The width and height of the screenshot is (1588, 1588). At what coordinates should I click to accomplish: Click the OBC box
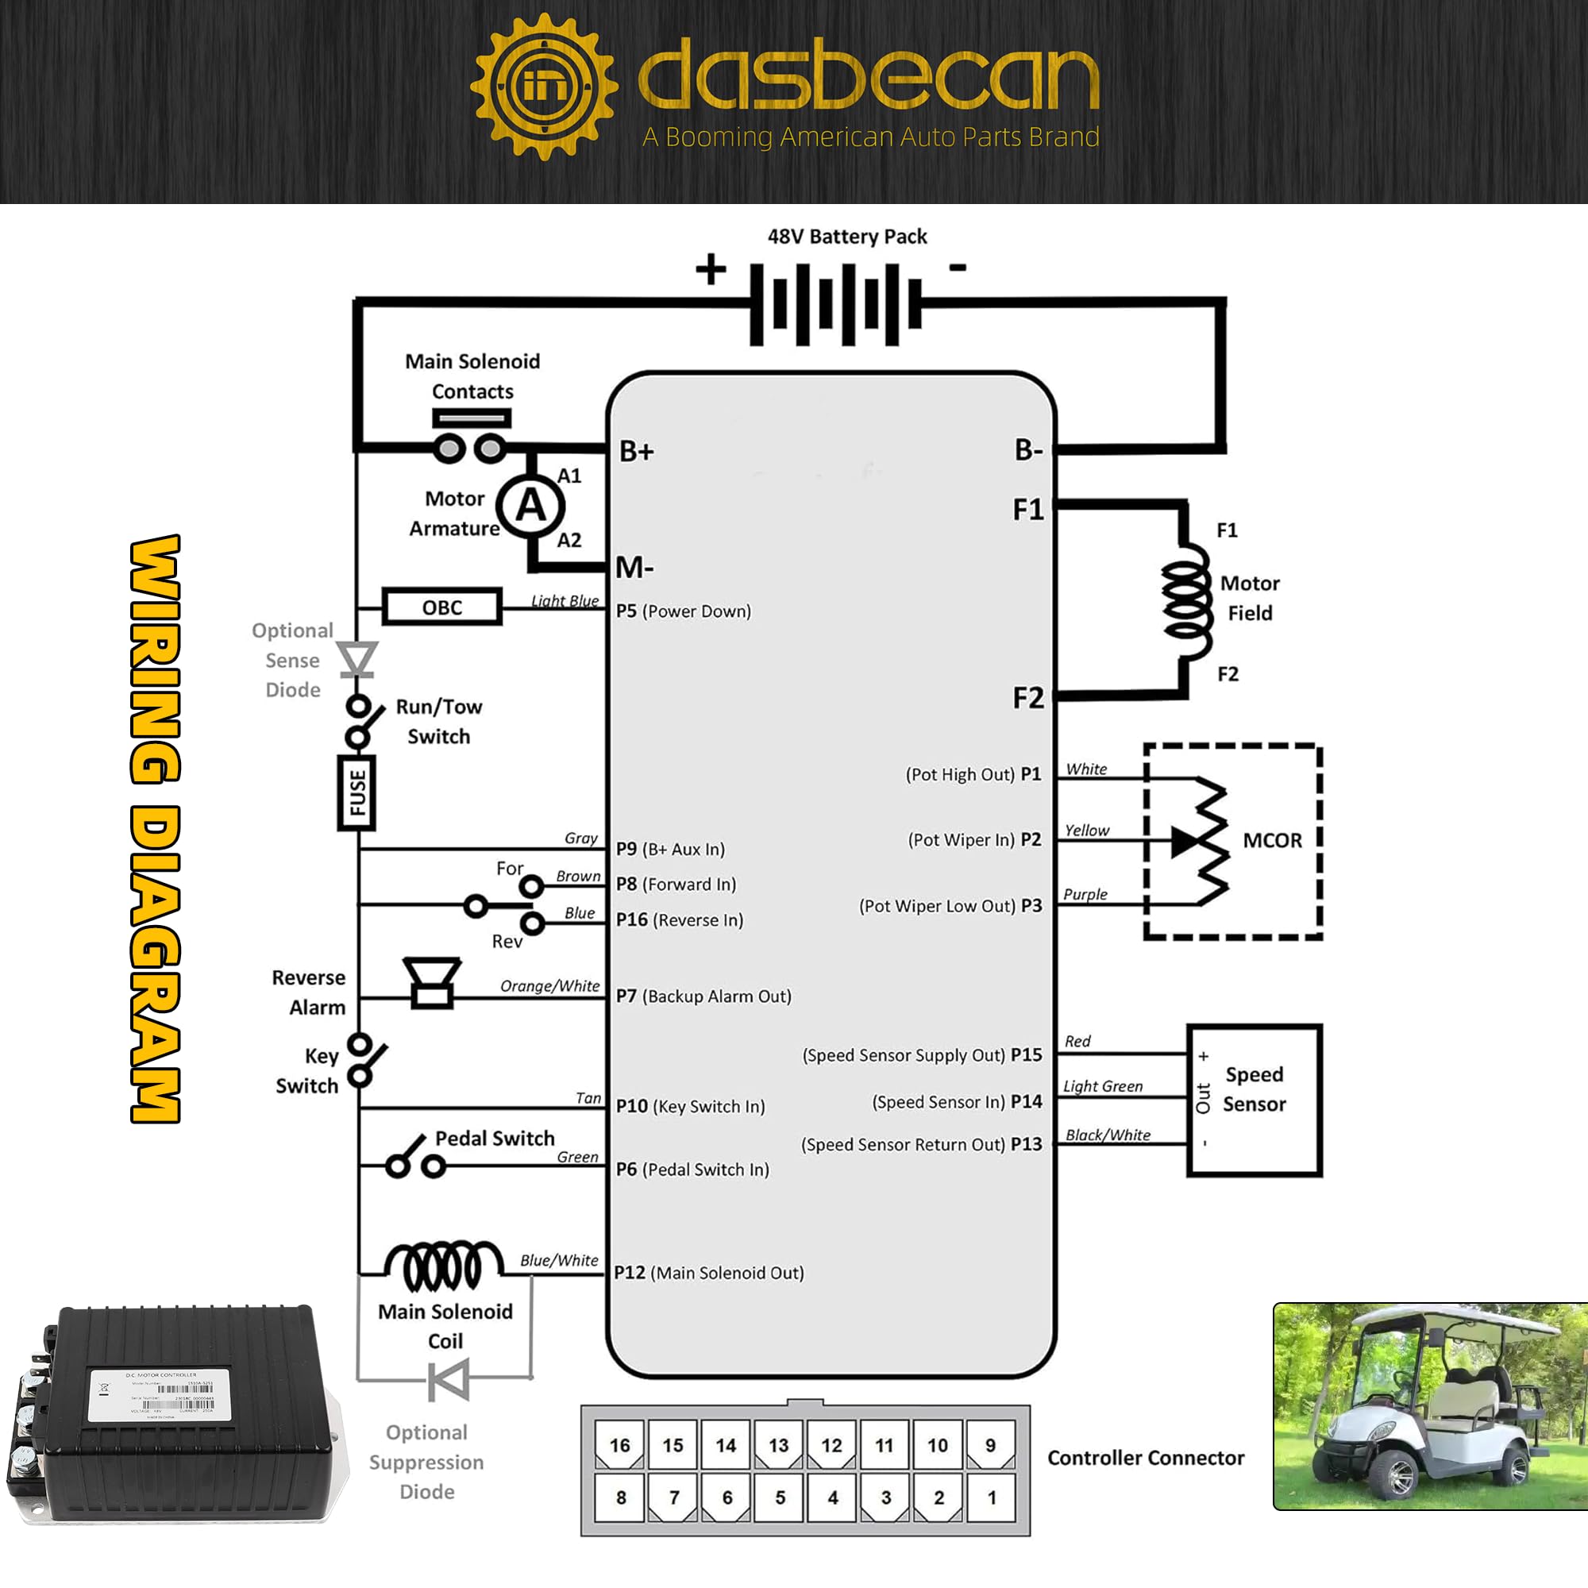[441, 607]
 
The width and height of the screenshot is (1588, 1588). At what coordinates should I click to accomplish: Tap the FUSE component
[357, 793]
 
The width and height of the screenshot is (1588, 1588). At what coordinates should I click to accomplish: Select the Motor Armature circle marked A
[531, 506]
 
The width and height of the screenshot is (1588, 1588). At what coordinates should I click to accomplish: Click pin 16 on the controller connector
[620, 1445]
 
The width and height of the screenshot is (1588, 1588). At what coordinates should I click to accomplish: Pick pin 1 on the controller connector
[991, 1497]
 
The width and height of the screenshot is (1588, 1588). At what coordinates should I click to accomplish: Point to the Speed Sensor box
[1254, 1100]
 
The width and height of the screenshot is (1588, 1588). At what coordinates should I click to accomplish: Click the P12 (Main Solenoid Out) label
[708, 1272]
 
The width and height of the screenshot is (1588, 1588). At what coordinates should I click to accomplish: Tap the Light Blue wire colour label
[565, 601]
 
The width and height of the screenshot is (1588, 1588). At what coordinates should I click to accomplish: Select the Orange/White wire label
[550, 985]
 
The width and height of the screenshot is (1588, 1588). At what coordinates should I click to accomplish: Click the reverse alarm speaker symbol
[431, 981]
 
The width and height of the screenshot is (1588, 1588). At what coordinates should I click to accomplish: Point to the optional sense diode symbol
[357, 659]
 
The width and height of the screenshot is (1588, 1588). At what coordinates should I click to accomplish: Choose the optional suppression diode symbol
[449, 1379]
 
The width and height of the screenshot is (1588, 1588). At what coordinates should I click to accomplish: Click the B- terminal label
[1028, 449]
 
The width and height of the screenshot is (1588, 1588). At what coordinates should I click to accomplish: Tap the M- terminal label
[635, 567]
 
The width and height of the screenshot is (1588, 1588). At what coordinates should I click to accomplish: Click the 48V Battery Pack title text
[846, 237]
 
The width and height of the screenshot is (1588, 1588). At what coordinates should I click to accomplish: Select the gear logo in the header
[543, 87]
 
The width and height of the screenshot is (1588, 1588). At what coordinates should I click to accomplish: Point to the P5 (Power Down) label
[683, 611]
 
